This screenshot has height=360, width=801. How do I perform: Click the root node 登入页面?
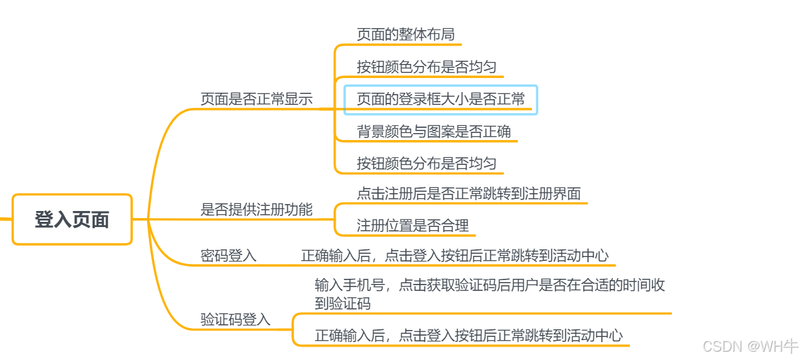coord(72,219)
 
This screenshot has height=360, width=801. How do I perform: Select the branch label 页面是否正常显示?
coord(256,99)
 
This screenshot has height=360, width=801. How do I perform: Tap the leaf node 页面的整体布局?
coord(405,34)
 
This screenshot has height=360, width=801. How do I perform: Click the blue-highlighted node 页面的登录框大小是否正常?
coord(440,99)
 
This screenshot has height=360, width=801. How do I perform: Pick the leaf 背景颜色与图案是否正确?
coord(433,132)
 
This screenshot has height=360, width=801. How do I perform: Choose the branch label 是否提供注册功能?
coord(256,209)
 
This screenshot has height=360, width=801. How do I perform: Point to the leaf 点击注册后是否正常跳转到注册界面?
coord(469,193)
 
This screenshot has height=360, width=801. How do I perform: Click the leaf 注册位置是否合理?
coord(412,225)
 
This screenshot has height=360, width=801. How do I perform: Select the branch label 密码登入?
coord(228,256)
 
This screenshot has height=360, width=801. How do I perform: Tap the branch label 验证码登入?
coord(235,319)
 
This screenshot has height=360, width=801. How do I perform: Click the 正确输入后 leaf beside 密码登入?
coord(455,256)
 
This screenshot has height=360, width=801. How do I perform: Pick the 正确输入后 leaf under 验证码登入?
coord(469,335)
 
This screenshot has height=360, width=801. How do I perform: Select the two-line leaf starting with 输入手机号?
coord(490,293)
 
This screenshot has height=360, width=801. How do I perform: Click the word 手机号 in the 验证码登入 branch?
coord(367,285)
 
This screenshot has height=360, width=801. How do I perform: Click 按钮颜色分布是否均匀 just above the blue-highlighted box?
coord(426,67)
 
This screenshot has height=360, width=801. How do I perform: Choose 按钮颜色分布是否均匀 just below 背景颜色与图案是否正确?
coord(426,163)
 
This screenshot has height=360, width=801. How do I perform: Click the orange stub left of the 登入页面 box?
coord(5,219)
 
